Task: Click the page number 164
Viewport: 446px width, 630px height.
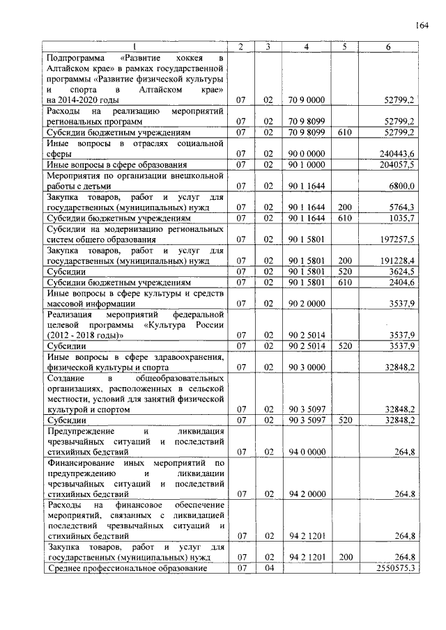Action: pyautogui.click(x=421, y=26)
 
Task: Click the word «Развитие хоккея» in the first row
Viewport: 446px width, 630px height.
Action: pyautogui.click(x=162, y=58)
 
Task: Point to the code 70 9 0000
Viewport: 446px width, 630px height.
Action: pyautogui.click(x=307, y=100)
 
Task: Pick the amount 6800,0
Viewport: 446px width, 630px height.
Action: pyautogui.click(x=402, y=186)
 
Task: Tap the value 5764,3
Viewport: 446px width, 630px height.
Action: pyautogui.click(x=402, y=207)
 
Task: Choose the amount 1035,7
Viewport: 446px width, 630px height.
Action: pyautogui.click(x=402, y=218)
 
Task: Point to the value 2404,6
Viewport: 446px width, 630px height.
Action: pyautogui.click(x=402, y=282)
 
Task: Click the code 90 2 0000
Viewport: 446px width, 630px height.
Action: pyautogui.click(x=307, y=304)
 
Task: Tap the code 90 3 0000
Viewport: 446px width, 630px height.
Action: pyautogui.click(x=307, y=367)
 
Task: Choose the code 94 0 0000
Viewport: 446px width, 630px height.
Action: pyautogui.click(x=307, y=452)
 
